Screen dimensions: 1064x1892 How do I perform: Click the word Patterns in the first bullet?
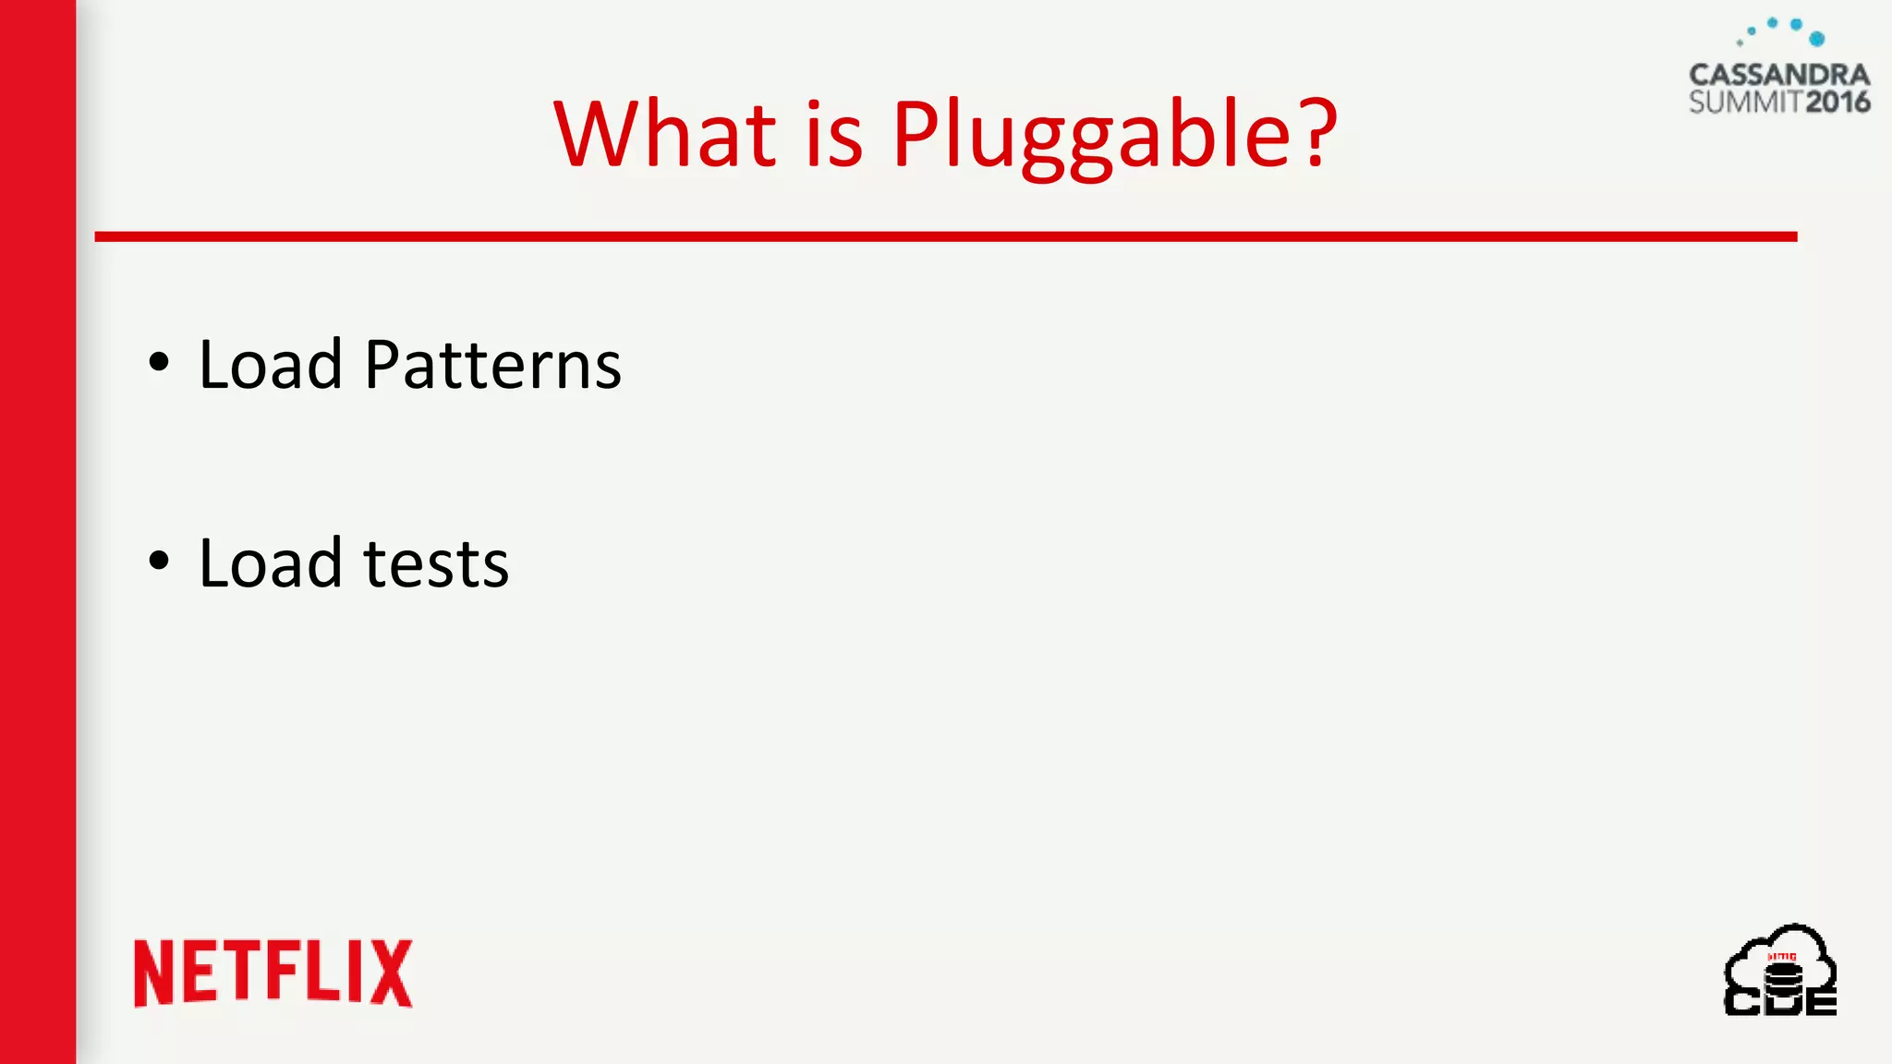click(x=492, y=365)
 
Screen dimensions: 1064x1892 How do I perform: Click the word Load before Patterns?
click(x=271, y=365)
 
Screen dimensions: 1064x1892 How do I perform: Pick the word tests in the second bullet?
click(x=436, y=563)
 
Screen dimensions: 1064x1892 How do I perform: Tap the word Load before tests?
click(x=271, y=563)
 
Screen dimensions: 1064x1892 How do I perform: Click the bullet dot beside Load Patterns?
click(x=159, y=362)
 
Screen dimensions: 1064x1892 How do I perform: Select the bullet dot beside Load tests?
click(x=159, y=560)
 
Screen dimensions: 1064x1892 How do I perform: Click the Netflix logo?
click(x=273, y=973)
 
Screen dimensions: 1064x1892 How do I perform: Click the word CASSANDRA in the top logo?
click(x=1779, y=75)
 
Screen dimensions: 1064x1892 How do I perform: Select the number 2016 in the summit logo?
click(x=1837, y=102)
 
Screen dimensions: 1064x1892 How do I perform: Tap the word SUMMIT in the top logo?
click(x=1746, y=102)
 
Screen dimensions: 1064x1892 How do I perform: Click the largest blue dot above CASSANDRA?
click(x=1817, y=39)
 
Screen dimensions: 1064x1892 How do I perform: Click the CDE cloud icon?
click(x=1780, y=970)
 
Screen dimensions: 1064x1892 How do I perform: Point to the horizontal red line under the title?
click(x=946, y=237)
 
